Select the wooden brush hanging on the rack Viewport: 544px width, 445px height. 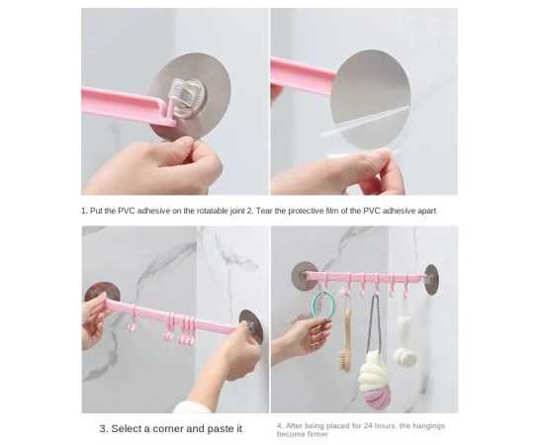(x=345, y=340)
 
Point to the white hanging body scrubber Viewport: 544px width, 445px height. (x=405, y=343)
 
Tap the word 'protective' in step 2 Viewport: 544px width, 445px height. (x=307, y=211)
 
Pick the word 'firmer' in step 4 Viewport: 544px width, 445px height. (x=317, y=434)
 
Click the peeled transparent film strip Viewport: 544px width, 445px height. (x=364, y=122)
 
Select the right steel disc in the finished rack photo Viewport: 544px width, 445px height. (x=431, y=280)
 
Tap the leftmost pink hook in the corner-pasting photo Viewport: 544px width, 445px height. (x=132, y=319)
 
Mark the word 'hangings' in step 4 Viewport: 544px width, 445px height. (x=429, y=426)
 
